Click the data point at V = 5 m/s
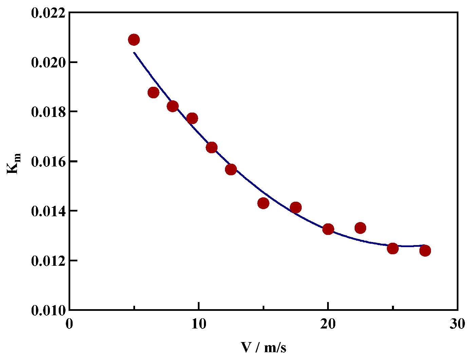pos(134,40)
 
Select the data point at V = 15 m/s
pos(263,203)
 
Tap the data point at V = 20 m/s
pos(328,229)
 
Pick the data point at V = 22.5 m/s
pos(360,228)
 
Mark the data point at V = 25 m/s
pos(393,248)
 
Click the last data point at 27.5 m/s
pos(425,251)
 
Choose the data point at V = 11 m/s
pos(212,147)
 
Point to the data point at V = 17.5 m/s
pos(296,207)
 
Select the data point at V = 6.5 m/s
pos(153,93)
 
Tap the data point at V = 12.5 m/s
pos(231,169)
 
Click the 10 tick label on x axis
pos(199,324)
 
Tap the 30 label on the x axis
pos(457,324)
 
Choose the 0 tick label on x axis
pos(69,324)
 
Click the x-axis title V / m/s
pos(264,347)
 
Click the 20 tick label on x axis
pos(328,324)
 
